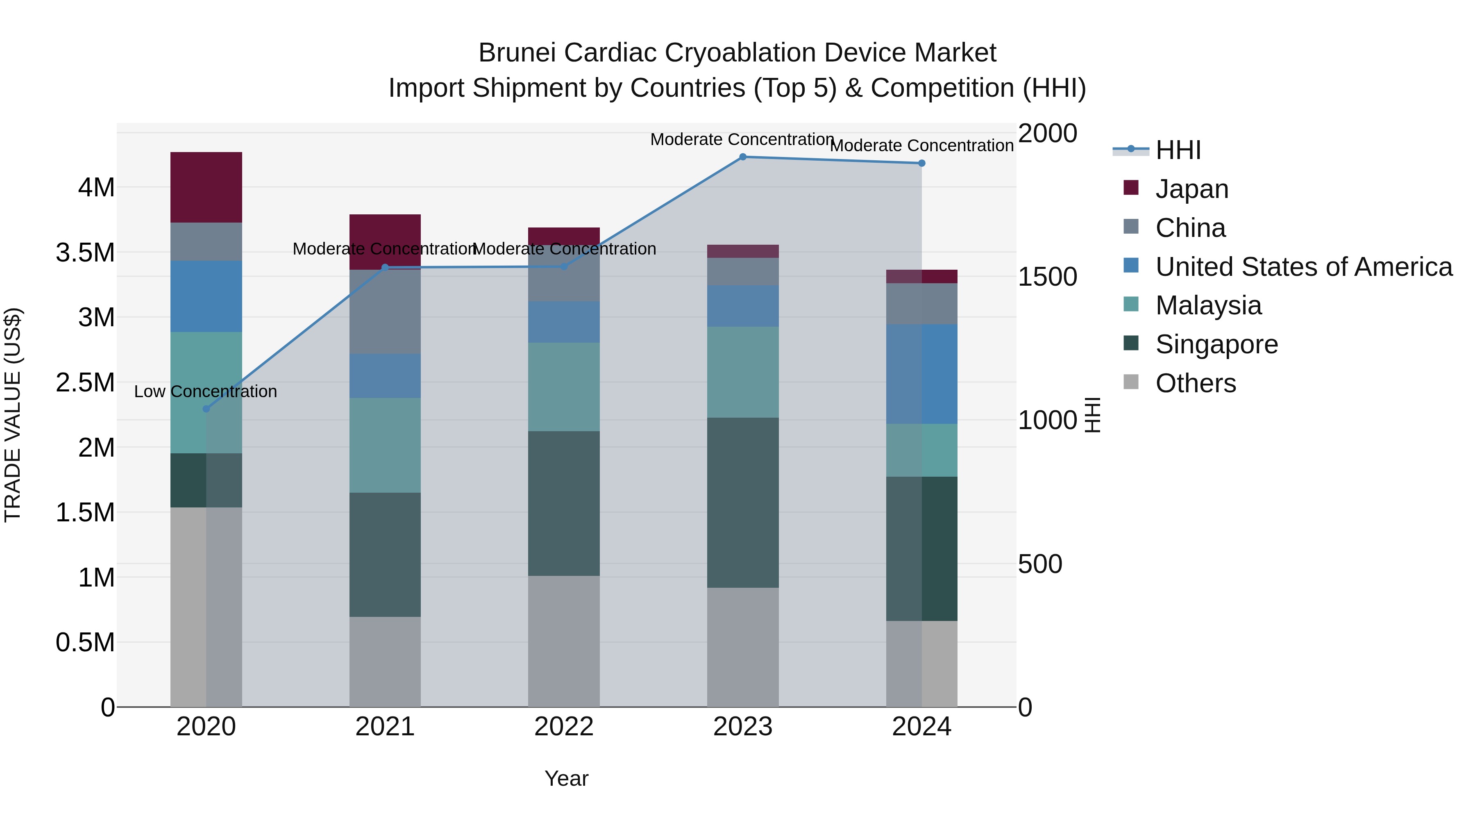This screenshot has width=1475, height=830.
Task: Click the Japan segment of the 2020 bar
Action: pyautogui.click(x=206, y=187)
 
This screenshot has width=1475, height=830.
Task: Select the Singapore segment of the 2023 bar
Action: pyautogui.click(x=743, y=503)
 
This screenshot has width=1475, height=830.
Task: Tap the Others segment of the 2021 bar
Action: pyautogui.click(x=385, y=662)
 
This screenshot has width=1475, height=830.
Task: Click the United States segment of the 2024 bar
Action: pyautogui.click(x=921, y=374)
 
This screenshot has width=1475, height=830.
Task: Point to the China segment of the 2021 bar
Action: pyautogui.click(x=385, y=312)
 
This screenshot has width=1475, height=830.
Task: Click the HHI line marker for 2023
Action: pyautogui.click(x=743, y=157)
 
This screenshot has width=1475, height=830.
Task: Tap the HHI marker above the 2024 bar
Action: pyautogui.click(x=921, y=163)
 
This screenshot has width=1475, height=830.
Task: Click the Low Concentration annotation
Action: pyautogui.click(x=206, y=392)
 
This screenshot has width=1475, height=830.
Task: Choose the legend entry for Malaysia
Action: pyautogui.click(x=1208, y=305)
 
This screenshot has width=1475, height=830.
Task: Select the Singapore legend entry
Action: pyautogui.click(x=1216, y=344)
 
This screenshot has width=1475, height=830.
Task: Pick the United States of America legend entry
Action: pyautogui.click(x=1303, y=267)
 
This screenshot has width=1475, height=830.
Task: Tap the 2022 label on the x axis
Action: pyautogui.click(x=563, y=727)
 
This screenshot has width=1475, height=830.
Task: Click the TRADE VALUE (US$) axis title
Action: pyautogui.click(x=13, y=415)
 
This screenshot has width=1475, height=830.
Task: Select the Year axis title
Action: pyautogui.click(x=566, y=778)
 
